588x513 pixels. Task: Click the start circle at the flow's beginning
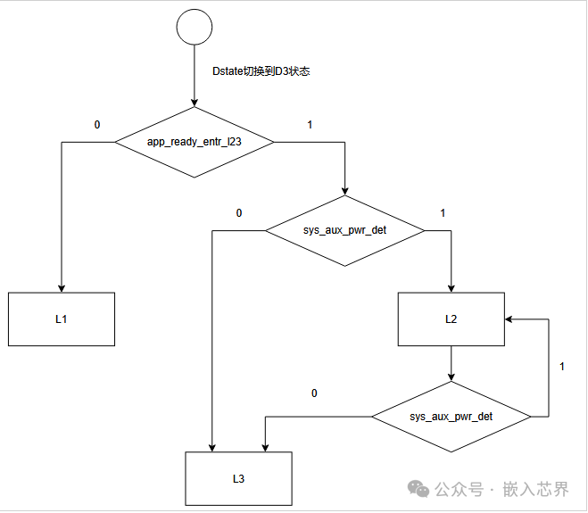[x=194, y=28]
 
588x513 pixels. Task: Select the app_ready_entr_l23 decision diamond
[x=194, y=141]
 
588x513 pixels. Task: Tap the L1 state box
[x=62, y=319]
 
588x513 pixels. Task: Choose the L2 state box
[x=451, y=319]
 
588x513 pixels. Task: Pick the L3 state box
[x=238, y=478]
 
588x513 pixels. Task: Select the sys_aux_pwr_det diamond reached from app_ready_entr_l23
[x=345, y=230]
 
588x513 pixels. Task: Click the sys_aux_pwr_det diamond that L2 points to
[x=451, y=417]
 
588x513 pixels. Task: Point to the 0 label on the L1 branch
[x=97, y=124]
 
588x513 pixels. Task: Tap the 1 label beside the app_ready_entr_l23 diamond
[x=310, y=124]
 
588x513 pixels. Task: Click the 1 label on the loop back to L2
[x=561, y=367]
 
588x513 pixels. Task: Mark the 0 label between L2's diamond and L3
[x=314, y=393]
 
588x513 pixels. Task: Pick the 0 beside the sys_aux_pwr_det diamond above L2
[x=239, y=213]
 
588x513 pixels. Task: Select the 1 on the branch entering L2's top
[x=443, y=213]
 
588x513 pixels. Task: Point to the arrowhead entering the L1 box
[x=62, y=286]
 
